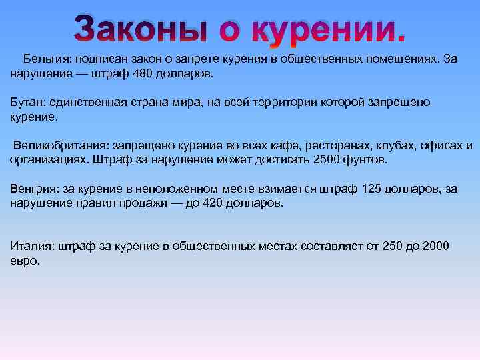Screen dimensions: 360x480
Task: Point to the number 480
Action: pos(143,73)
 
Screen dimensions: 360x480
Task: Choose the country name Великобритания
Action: pos(60,145)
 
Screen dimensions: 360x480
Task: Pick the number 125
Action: pos(371,189)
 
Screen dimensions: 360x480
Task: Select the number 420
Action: pos(213,203)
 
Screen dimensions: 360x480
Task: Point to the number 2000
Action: pos(435,247)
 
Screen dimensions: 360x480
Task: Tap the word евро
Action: pos(24,261)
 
